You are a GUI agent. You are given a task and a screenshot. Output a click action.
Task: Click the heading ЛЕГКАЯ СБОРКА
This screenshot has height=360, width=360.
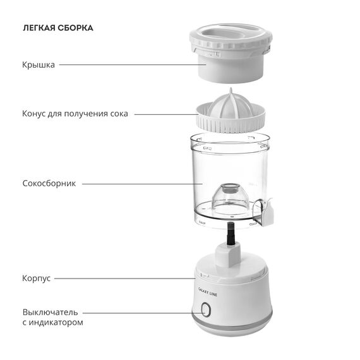[x=58, y=28]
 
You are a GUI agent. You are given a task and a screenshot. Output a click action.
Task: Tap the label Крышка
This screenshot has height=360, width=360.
[x=39, y=65]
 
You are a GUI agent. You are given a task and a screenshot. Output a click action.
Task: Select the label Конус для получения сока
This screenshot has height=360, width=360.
[x=75, y=114]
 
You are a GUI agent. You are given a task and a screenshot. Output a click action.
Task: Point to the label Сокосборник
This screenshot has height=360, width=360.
[x=49, y=183]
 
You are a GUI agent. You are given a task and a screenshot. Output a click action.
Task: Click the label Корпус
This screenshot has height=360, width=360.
[x=36, y=279]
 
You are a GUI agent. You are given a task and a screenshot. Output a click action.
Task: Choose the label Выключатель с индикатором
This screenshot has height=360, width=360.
[x=52, y=317]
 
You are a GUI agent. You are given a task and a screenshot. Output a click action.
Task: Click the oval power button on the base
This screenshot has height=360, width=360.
[x=205, y=309]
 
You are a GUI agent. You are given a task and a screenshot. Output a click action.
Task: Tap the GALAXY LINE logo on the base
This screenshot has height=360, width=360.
[x=208, y=292]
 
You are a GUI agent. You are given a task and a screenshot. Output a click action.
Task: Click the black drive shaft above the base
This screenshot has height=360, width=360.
[x=231, y=234]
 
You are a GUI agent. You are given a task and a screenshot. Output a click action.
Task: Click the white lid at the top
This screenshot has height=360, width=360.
[x=231, y=53]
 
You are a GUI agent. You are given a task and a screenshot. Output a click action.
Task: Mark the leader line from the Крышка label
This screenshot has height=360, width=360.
[x=133, y=65]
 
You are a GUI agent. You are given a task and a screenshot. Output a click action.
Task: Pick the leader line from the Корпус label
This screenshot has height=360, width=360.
[x=125, y=279]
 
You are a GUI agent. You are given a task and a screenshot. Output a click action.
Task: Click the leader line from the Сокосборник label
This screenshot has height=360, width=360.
[x=142, y=184]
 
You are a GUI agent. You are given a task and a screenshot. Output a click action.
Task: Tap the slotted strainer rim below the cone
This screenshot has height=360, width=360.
[x=231, y=124]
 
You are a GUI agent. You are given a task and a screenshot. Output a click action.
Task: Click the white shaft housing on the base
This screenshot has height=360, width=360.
[x=228, y=256]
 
